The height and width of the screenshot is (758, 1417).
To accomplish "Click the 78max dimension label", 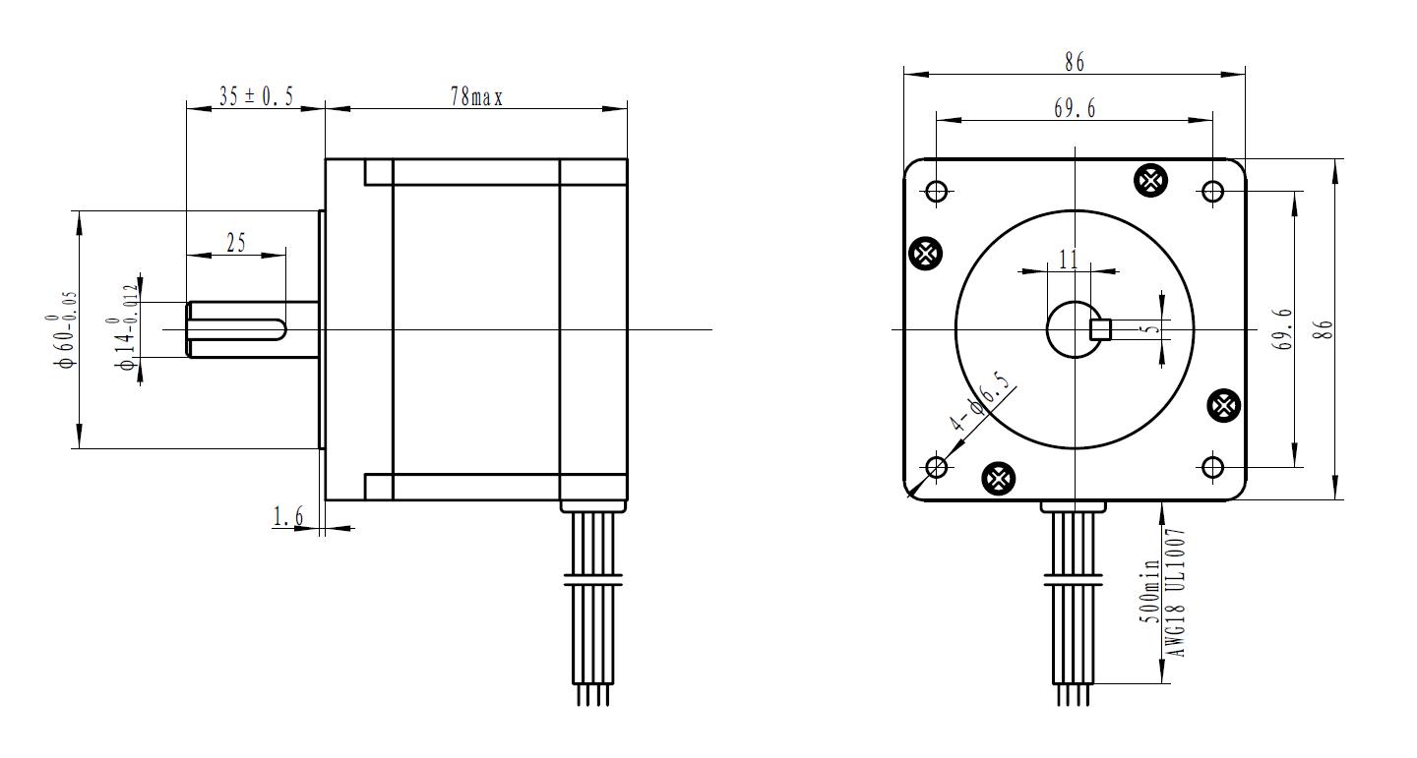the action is tap(476, 96).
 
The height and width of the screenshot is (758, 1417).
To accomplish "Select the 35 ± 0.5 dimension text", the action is tap(256, 96).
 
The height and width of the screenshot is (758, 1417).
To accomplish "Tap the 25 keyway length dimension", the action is tap(236, 243).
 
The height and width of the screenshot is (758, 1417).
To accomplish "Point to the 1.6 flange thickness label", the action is tap(288, 516).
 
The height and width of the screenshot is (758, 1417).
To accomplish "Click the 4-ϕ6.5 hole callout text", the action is tap(979, 402).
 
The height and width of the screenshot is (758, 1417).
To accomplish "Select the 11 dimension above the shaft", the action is tap(1069, 260).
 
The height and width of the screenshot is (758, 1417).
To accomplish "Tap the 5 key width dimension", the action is tap(1152, 328).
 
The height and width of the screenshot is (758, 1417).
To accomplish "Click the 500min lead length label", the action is tap(1149, 591).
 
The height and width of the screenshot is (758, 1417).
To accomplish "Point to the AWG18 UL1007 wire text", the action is tap(1175, 593).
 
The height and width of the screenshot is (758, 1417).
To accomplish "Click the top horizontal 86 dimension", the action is tap(1075, 63).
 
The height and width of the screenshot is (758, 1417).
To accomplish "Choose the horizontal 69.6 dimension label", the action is tap(1075, 109).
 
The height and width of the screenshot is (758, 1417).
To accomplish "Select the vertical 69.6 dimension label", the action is tap(1284, 328).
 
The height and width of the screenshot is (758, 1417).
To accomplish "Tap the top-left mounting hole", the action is tap(936, 191).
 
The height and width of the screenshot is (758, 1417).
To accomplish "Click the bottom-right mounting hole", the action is tap(1212, 468).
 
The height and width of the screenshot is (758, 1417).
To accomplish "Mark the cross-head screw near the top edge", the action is tap(1150, 181).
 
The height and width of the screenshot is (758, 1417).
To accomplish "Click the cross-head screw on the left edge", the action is tap(925, 254).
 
